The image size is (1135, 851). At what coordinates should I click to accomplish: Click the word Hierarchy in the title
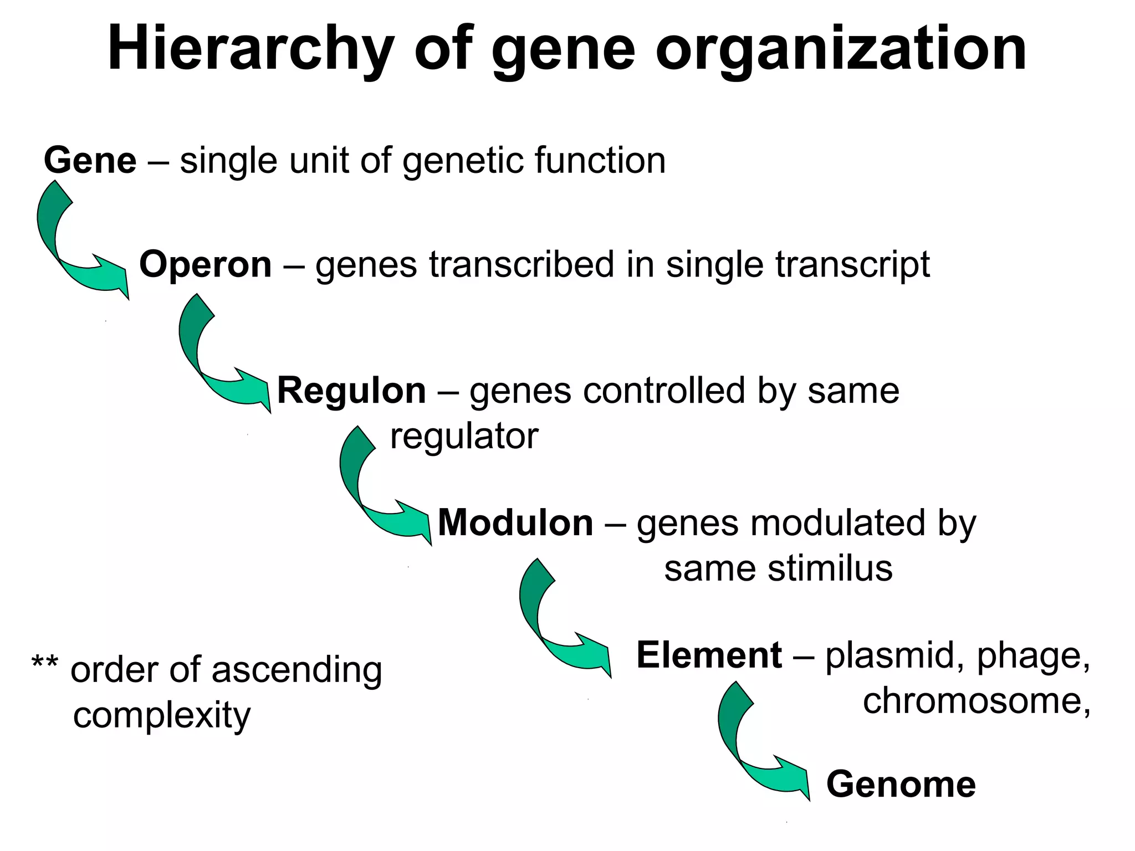pos(250,50)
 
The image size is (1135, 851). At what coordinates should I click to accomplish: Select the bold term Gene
pos(90,161)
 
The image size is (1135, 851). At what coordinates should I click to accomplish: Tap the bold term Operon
pos(206,264)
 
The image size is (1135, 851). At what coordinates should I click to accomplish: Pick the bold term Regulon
pos(351,391)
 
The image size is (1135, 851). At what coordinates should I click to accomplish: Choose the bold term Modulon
pos(515,523)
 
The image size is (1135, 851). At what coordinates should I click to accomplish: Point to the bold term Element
pos(709,655)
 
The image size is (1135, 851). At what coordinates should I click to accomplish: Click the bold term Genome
pos(901,785)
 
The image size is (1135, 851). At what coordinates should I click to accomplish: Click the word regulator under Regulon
pos(464,437)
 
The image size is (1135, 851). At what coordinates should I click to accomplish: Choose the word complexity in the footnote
pos(162,716)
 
